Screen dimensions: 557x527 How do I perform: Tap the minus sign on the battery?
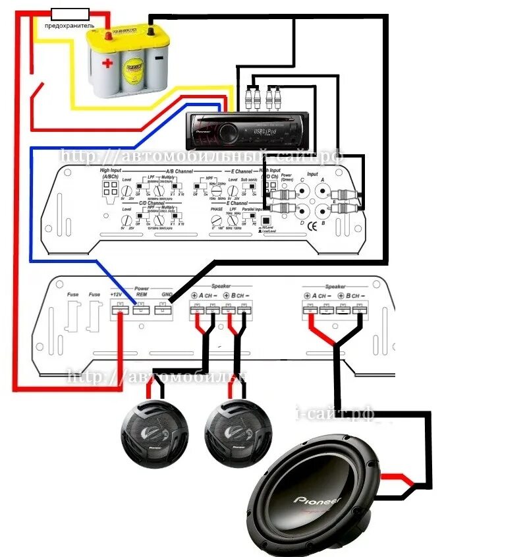coord(157,57)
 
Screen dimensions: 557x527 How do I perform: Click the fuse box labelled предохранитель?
coord(70,13)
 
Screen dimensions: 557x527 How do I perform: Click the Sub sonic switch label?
coord(248,179)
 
